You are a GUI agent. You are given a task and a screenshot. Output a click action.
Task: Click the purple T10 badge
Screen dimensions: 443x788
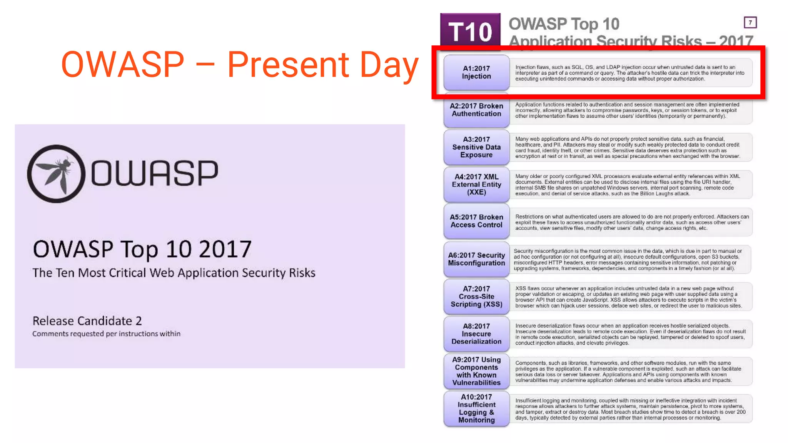pos(470,31)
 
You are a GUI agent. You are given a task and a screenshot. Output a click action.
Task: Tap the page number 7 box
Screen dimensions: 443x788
pos(750,23)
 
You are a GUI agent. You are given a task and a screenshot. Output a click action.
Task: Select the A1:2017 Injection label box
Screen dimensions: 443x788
pos(476,72)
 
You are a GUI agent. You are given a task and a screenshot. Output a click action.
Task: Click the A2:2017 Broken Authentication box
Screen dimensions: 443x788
pos(476,110)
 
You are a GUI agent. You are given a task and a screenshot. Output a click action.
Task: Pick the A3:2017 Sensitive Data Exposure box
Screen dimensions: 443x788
pos(476,147)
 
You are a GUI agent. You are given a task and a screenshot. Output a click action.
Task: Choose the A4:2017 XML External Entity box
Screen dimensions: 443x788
pos(476,185)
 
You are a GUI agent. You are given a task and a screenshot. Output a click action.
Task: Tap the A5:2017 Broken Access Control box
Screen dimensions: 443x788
pos(476,221)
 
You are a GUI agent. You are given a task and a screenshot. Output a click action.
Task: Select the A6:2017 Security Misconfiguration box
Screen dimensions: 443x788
pos(476,259)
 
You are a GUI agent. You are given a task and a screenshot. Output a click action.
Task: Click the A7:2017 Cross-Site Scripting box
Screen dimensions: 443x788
pos(476,296)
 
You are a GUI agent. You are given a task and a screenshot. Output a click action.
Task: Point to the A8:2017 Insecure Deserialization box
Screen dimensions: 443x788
pos(476,334)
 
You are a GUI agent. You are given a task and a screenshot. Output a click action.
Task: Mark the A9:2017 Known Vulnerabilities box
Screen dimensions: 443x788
pos(476,371)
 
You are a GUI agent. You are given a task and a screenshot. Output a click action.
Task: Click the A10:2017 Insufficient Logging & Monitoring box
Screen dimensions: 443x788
pos(476,408)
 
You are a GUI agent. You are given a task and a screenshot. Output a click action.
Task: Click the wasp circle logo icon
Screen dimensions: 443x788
pos(56,174)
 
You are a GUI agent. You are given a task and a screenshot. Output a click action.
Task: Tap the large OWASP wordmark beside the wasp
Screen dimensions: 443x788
pos(154,173)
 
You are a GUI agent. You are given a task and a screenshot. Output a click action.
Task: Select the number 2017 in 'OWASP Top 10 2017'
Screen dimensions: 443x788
pos(225,249)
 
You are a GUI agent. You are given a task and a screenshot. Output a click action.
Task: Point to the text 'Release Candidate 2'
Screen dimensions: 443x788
pos(87,321)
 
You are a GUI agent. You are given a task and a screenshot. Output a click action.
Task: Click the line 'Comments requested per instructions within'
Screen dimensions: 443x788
pos(106,334)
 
